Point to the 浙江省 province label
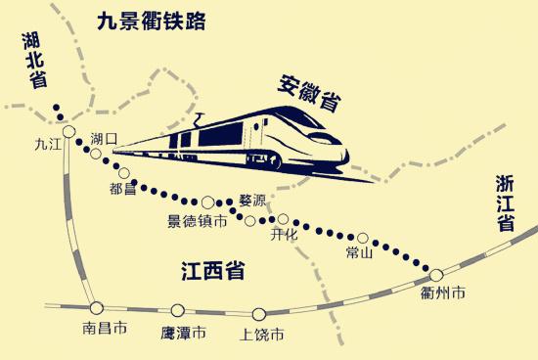point(505,202)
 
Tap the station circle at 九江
point(68,132)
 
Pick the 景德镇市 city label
point(198,222)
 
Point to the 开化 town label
point(284,236)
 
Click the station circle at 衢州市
point(437,275)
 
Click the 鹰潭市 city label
point(183,334)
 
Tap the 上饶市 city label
point(262,335)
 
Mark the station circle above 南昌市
point(95,306)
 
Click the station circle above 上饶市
point(259,314)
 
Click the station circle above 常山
point(363,237)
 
